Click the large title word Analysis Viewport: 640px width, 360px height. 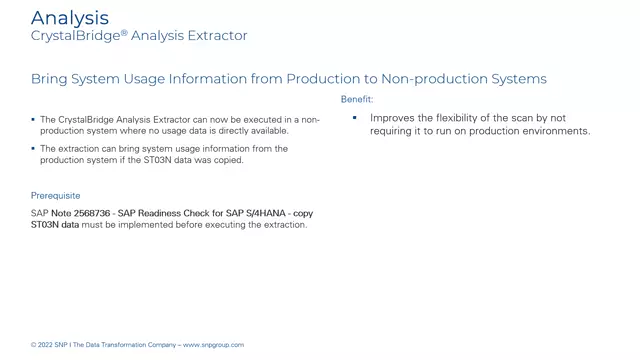(x=70, y=17)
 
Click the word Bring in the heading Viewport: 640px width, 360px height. (x=51, y=79)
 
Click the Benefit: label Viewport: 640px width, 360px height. (x=357, y=99)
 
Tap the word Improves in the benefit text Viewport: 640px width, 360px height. (x=393, y=118)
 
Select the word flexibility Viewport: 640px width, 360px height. (x=465, y=118)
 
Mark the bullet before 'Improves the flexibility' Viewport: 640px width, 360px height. (x=354, y=118)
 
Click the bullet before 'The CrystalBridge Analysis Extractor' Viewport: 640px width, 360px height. (x=33, y=120)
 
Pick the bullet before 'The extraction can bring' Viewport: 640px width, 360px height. (x=33, y=148)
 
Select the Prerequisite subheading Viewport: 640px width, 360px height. (x=56, y=196)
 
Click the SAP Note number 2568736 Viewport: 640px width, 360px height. (x=90, y=214)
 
